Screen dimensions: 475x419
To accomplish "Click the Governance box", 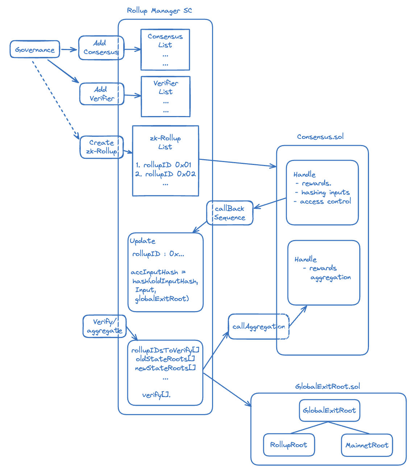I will (35, 49).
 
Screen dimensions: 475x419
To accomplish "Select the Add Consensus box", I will (101, 47).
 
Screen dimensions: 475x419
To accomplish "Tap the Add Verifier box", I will (102, 94).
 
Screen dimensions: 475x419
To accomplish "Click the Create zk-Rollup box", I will (101, 147).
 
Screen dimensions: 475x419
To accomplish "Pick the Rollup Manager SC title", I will (159, 11).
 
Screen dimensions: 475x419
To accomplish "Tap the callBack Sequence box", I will (230, 213).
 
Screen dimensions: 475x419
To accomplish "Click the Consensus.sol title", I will (320, 137).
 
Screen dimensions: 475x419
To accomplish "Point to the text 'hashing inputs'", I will (325, 193).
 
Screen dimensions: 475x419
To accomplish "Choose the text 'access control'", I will (325, 202).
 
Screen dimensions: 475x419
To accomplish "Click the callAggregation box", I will (259, 327).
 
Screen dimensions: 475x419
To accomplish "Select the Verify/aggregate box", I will (104, 326).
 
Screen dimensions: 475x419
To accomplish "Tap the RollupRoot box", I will (289, 445).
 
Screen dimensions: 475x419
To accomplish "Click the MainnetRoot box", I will (367, 445).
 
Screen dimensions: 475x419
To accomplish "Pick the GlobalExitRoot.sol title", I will (328, 387).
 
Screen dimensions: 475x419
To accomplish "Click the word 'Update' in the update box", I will (142, 241).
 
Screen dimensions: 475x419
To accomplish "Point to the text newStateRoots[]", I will (165, 368).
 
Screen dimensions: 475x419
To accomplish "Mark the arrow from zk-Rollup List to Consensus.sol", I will (237, 163).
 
